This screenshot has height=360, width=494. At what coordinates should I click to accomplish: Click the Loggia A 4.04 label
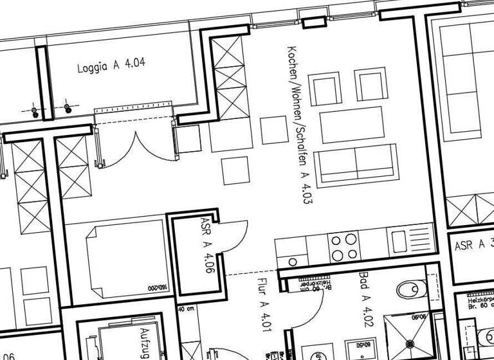click(x=111, y=65)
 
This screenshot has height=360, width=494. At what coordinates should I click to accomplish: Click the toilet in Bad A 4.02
click(x=410, y=289)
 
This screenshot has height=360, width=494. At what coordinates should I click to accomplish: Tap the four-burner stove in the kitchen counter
click(x=343, y=246)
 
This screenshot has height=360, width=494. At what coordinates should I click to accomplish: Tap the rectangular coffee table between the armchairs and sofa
click(x=351, y=124)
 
